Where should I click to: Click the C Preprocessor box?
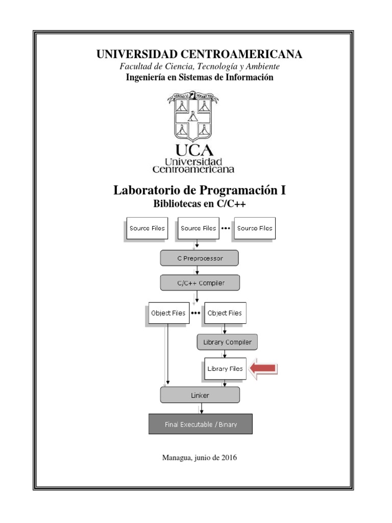pyautogui.click(x=200, y=258)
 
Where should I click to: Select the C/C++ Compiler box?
pyautogui.click(x=200, y=282)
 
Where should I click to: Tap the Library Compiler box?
pyautogui.click(x=227, y=342)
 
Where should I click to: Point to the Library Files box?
pyautogui.click(x=225, y=368)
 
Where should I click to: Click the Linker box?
pyautogui.click(x=200, y=395)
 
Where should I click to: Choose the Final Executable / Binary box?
pyautogui.click(x=201, y=424)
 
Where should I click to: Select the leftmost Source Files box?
pyautogui.click(x=147, y=228)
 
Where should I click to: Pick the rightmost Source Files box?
pyautogui.click(x=255, y=228)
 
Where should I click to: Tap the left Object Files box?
pyautogui.click(x=168, y=313)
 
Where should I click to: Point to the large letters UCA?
pyautogui.click(x=194, y=150)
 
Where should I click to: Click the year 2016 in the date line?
pyautogui.click(x=229, y=458)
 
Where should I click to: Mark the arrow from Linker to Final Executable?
pyautogui.click(x=202, y=408)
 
